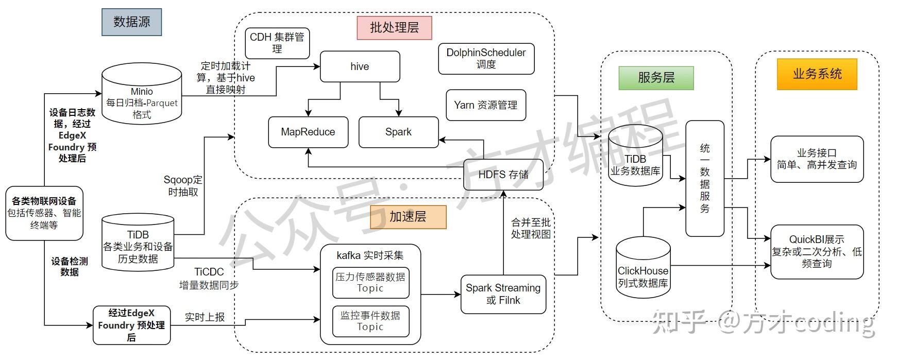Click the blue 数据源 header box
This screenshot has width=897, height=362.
coord(131,22)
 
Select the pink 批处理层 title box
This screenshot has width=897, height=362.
coord(394,28)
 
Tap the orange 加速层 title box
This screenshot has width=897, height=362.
coord(408,217)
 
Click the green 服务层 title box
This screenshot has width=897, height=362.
coord(656,78)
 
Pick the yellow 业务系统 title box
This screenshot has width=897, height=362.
coord(817,74)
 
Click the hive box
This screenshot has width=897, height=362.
coord(360,66)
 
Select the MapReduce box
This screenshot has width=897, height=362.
coord(308,132)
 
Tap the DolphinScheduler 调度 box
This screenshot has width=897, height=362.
coord(486,59)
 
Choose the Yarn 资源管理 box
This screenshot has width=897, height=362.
coord(485,105)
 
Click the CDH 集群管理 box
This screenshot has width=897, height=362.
coord(277,43)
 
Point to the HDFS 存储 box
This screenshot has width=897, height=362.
coord(503,175)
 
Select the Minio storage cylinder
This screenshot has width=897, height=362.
coord(142,95)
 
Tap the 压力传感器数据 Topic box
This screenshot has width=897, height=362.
coord(370,282)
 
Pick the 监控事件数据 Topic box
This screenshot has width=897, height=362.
coord(370,321)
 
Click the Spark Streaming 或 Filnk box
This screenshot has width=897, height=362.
coord(503,294)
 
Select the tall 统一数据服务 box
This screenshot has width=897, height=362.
coord(705,178)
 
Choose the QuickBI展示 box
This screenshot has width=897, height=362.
coord(817,251)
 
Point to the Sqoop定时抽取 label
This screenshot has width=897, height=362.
coord(183,186)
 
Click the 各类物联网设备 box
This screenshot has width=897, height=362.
coord(44,213)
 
